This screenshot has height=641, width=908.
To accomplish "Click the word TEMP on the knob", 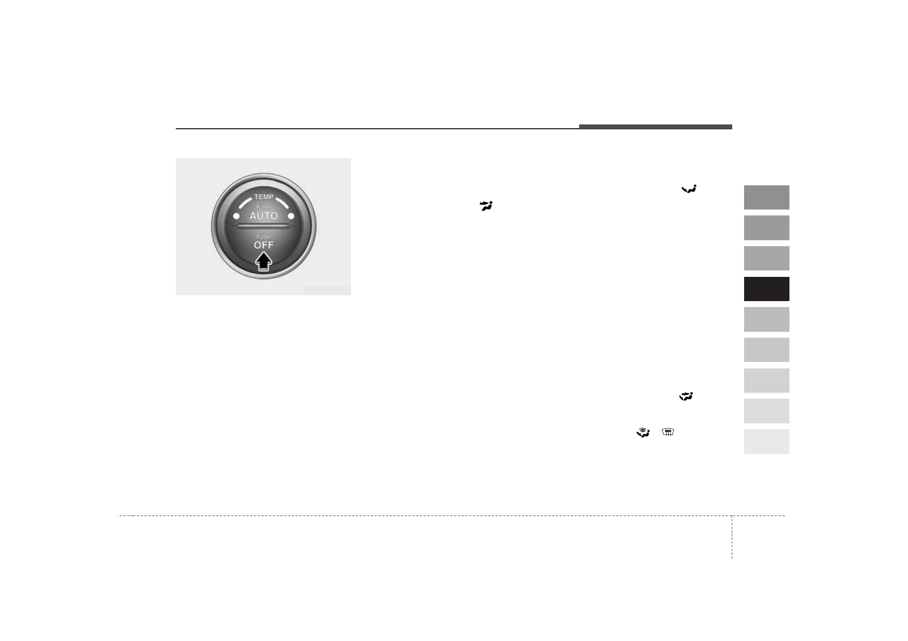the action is coord(264,197).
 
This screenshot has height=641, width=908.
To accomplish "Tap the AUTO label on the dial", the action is coord(264,216).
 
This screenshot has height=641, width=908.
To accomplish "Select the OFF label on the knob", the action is coord(264,245).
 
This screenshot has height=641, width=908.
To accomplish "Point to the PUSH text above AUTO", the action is coord(264,207).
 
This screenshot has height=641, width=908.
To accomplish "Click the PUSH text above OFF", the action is coord(264,236).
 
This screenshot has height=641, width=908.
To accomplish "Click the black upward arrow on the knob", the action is coord(264,261).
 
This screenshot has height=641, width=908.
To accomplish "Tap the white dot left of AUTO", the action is coord(236,216).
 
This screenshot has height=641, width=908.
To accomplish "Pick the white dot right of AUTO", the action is coord(291,216).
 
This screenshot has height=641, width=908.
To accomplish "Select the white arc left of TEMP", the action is coord(244,203).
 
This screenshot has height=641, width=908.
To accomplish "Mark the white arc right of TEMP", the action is coord(283,203).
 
